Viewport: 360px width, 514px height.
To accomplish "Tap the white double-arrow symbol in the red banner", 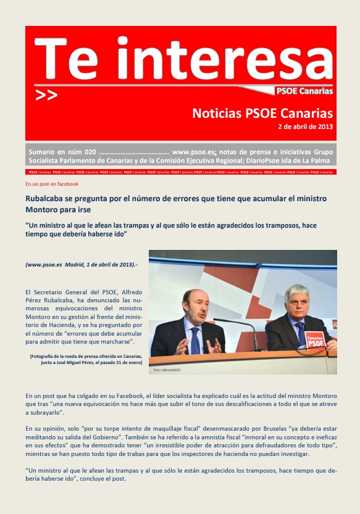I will (46, 95).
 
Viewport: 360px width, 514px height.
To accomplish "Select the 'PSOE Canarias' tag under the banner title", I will (304, 91).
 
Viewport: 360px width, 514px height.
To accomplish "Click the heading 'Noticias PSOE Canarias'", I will (262, 114).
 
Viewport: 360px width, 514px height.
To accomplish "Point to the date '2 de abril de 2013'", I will (305, 127).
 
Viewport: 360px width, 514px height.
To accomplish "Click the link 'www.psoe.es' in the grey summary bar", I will (193, 151).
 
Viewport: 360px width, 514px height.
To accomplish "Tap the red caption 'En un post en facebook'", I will (52, 184).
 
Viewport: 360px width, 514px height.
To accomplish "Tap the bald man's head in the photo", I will (195, 302).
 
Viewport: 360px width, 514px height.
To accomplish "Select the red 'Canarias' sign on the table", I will (315, 339).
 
